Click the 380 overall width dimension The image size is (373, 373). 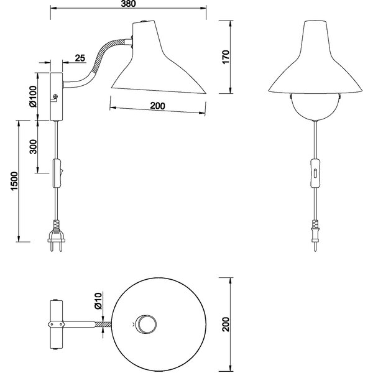pos(127,4)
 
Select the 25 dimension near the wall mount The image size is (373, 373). pos(80,58)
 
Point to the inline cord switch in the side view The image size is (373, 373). pos(56,174)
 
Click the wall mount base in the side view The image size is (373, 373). pos(55,97)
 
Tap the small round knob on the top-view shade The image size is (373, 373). pos(147,324)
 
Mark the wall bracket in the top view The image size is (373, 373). pos(55,324)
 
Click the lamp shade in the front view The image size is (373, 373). pos(316,62)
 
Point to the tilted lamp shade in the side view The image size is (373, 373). pos(155,62)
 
